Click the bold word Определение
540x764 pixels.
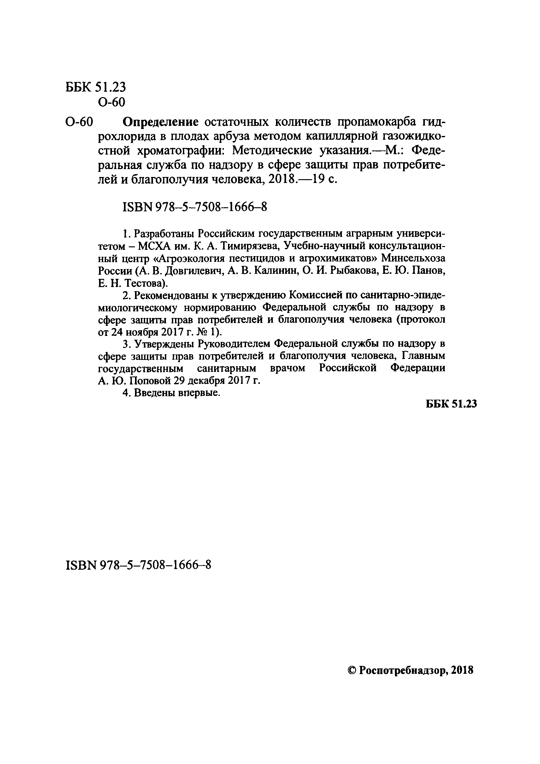(x=160, y=123)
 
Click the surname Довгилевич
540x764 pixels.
(x=194, y=271)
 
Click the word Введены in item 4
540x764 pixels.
(x=154, y=393)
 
